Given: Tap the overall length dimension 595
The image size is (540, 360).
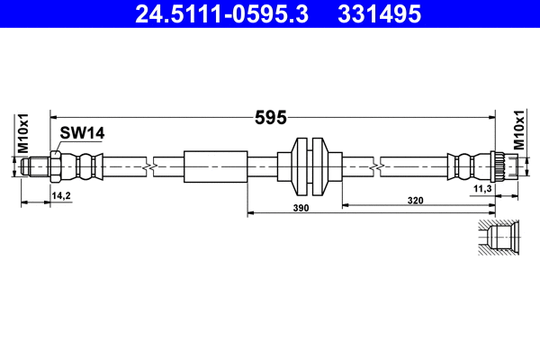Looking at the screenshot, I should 271,116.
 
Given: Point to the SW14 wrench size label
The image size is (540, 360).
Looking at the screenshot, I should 83,133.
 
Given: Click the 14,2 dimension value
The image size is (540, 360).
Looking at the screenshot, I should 61,194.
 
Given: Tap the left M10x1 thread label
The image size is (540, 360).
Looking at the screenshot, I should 24,133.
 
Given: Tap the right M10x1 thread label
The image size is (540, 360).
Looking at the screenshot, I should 519,130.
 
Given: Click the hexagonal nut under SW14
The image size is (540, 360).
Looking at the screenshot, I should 56,166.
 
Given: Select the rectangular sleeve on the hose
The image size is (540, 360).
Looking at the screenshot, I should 215,166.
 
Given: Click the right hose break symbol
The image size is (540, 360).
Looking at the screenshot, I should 375,166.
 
